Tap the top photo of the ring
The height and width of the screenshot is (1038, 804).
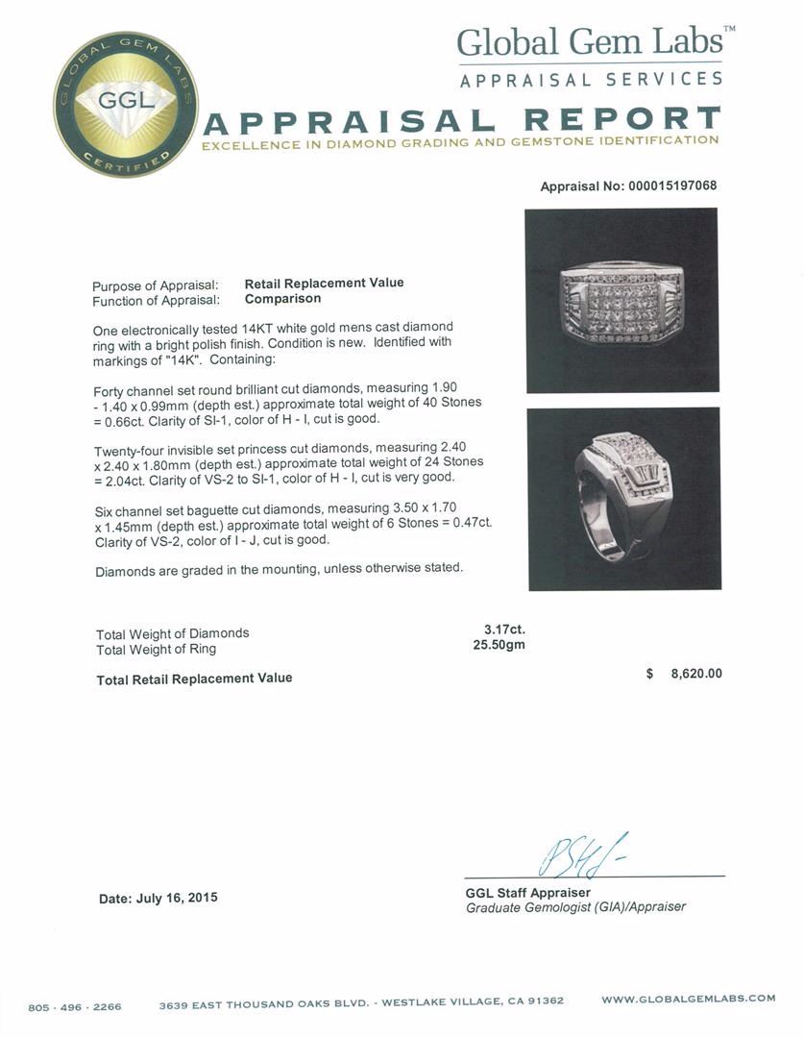coord(621,300)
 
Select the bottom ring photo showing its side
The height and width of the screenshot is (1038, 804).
coord(624,498)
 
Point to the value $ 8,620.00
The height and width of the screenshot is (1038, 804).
coord(684,674)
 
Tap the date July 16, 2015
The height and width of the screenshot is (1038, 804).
coord(158,898)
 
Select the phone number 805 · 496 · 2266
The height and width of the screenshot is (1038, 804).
coord(76,1006)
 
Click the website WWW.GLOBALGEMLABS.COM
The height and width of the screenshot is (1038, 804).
coord(688,999)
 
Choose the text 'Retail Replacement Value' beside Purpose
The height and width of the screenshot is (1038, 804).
coord(324,283)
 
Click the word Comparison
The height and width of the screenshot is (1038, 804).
coord(282,298)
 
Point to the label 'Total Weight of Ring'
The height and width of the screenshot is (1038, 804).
coord(156,649)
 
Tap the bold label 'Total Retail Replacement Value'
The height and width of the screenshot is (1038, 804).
coord(194,679)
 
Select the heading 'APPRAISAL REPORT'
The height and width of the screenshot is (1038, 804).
coord(462,120)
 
